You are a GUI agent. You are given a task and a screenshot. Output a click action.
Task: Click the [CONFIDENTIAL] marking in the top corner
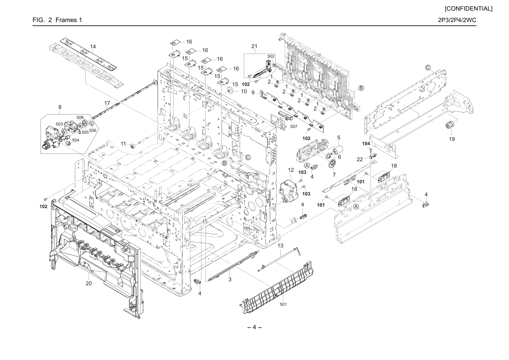tap(468, 9)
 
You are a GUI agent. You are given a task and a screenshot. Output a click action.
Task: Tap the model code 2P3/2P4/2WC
tap(457, 20)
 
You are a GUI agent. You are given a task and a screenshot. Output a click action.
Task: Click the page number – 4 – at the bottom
tap(254, 327)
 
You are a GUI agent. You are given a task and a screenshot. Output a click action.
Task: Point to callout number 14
tap(93, 47)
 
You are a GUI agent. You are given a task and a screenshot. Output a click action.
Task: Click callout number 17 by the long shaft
tap(107, 103)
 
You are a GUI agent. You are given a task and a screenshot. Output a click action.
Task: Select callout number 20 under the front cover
tap(89, 283)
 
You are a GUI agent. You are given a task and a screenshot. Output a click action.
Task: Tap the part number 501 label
tap(283, 304)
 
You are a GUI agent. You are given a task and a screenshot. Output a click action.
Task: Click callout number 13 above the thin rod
tap(280, 246)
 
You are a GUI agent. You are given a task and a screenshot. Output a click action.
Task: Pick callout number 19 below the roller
tap(452, 139)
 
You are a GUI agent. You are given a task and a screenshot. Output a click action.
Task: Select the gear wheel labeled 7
tap(332, 164)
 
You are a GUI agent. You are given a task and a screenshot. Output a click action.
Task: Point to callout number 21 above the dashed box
tap(254, 46)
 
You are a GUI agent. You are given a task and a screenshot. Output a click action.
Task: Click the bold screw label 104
tap(366, 143)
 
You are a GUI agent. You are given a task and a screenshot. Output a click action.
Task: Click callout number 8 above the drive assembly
tap(60, 107)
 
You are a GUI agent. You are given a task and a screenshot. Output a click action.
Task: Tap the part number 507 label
tap(293, 126)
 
